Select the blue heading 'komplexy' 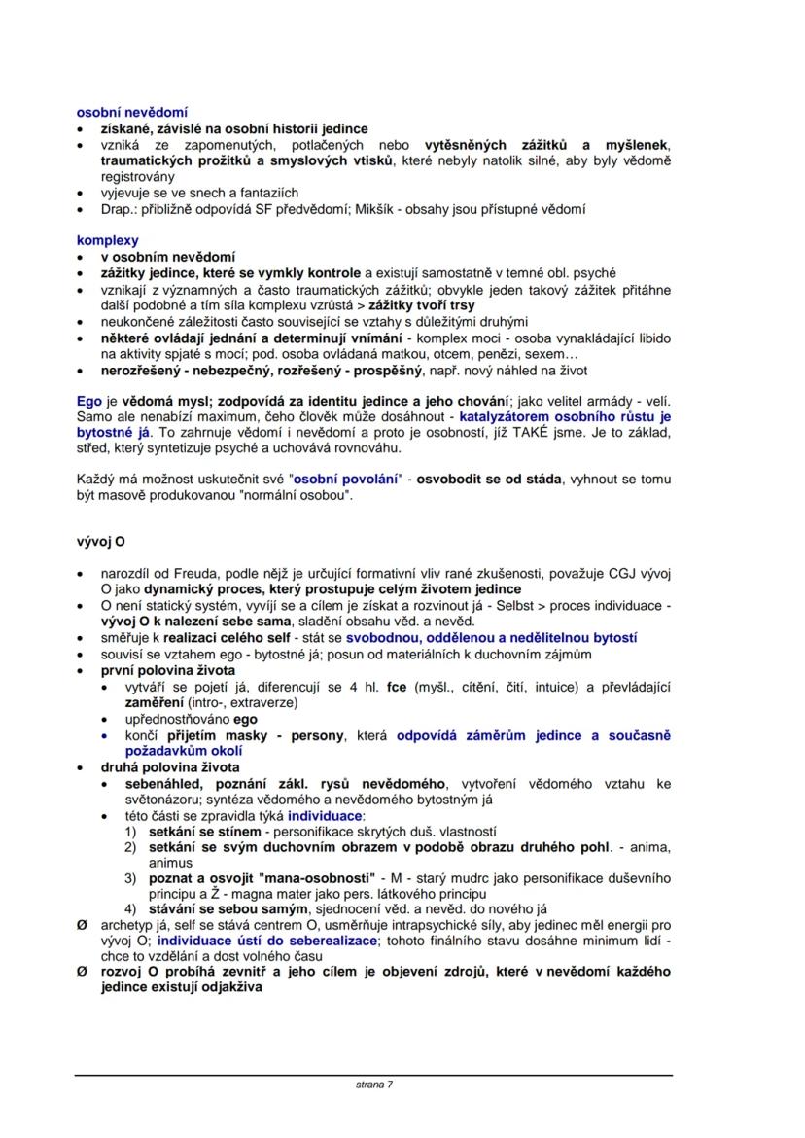(x=108, y=240)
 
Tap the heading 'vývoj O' (x=101, y=541)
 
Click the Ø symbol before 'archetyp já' (x=82, y=925)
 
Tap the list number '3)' (x=130, y=878)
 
